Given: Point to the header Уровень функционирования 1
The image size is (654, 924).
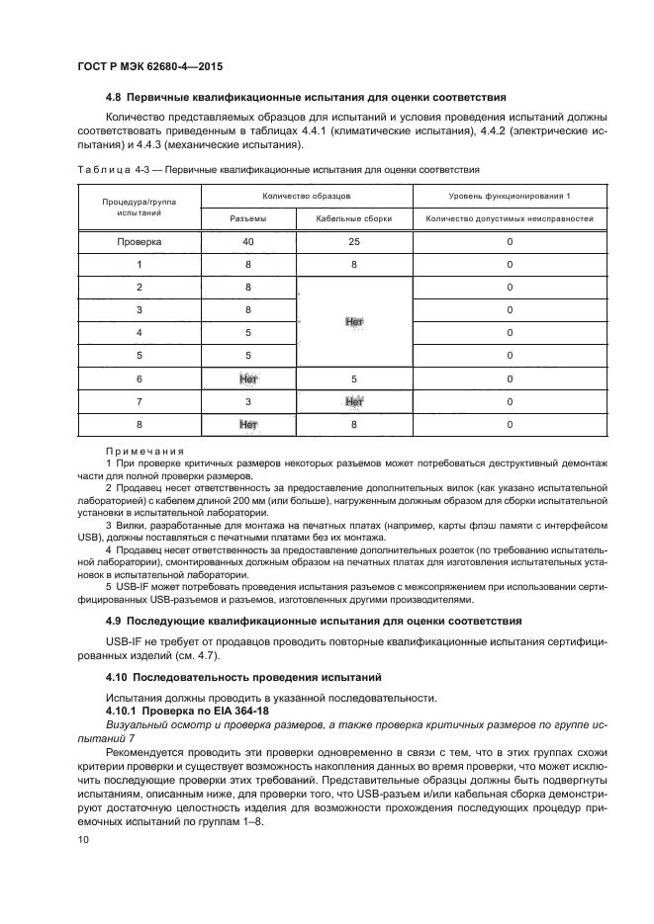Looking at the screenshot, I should pyautogui.click(x=510, y=196).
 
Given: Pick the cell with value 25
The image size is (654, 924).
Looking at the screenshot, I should pyautogui.click(x=354, y=241).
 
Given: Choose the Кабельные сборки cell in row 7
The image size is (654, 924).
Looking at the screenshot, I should pyautogui.click(x=354, y=401).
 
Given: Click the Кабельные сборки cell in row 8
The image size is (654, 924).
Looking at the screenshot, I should pyautogui.click(x=354, y=425).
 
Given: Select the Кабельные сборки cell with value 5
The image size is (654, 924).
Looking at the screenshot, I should pyautogui.click(x=354, y=378).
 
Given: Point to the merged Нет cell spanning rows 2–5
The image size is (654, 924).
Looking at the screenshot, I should pyautogui.click(x=354, y=322).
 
